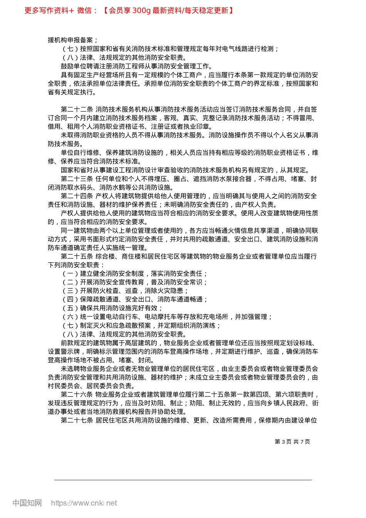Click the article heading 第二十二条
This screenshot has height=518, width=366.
coord(77,109)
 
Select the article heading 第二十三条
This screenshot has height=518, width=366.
coord(77,179)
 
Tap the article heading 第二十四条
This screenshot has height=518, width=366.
coord(77,196)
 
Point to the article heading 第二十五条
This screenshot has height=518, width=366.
coord(77,256)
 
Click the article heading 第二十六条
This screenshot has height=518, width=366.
coord(77,395)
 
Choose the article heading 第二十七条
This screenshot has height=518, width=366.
coord(77,420)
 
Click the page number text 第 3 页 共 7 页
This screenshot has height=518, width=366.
coord(292,442)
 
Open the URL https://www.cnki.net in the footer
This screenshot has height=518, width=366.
coord(84,503)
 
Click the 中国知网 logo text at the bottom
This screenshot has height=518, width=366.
coord(27,503)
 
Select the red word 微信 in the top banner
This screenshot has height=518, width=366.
coord(84,10)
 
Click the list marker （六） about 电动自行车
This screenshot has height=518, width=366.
coord(70,317)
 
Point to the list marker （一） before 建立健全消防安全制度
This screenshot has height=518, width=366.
coord(70,274)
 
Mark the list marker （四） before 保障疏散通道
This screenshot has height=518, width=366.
coord(70,299)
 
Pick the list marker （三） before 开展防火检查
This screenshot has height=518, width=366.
coord(70,291)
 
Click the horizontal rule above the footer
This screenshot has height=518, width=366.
coord(183,480)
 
